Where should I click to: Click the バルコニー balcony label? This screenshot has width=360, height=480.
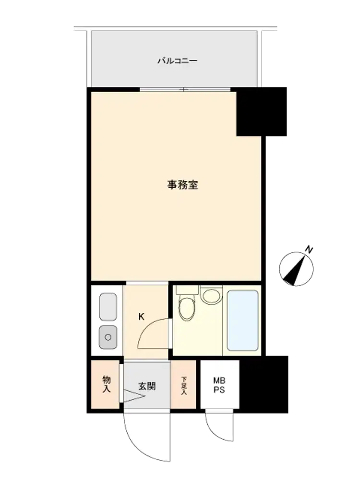pyautogui.click(x=177, y=60)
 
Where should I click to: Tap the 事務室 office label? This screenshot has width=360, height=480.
pyautogui.click(x=182, y=185)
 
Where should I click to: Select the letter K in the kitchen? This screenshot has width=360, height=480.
pyautogui.click(x=141, y=316)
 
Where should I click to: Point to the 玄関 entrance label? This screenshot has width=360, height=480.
pyautogui.click(x=147, y=386)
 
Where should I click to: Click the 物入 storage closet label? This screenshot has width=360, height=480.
pyautogui.click(x=106, y=384)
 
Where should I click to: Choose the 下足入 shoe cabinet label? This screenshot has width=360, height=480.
pyautogui.click(x=184, y=385)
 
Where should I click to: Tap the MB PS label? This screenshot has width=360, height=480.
pyautogui.click(x=219, y=385)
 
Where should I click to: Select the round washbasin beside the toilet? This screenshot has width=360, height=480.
pyautogui.click(x=211, y=295)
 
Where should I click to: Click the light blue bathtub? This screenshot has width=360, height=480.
pyautogui.click(x=242, y=321)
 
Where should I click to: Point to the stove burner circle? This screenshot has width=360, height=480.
pyautogui.click(x=108, y=337)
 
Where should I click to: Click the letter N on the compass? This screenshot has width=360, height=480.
pyautogui.click(x=309, y=250)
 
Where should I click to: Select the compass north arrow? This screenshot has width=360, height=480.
pyautogui.click(x=295, y=270)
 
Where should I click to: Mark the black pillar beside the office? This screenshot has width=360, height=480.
pyautogui.click(x=262, y=112)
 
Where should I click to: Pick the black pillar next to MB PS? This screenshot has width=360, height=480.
pyautogui.click(x=264, y=384)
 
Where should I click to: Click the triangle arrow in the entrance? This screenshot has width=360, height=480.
pyautogui.click(x=134, y=396)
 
